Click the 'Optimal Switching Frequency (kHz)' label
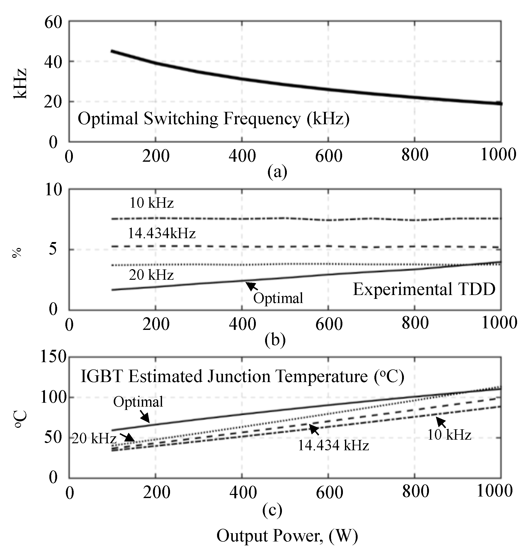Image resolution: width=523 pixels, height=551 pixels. click(x=213, y=119)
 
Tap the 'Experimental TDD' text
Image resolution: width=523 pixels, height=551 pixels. click(x=424, y=289)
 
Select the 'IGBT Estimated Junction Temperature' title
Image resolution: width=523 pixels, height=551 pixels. click(x=242, y=376)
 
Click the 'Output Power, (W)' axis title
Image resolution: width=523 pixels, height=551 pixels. click(x=287, y=536)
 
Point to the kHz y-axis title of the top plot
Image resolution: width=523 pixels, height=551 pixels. click(x=20, y=83)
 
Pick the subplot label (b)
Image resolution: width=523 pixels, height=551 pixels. click(x=275, y=339)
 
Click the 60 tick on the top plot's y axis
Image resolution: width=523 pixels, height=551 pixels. click(x=53, y=22)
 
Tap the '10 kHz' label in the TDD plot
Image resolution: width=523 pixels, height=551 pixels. click(x=151, y=203)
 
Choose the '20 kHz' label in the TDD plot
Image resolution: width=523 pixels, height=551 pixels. click(x=151, y=275)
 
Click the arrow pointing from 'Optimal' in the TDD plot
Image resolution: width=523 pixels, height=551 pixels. click(x=251, y=286)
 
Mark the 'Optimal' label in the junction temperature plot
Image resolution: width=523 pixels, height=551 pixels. click(x=138, y=402)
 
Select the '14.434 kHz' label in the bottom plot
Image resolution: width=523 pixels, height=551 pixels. click(x=333, y=445)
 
